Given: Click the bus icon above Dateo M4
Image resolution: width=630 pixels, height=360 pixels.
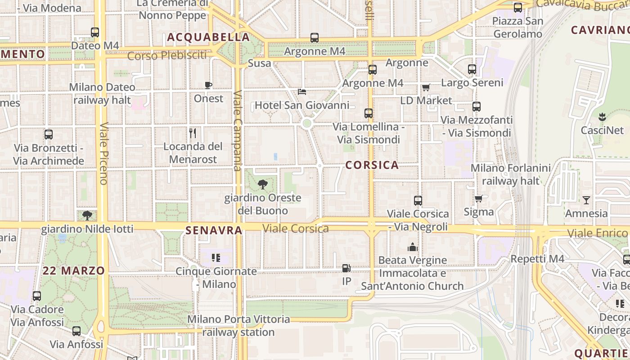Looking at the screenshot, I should click(94, 32).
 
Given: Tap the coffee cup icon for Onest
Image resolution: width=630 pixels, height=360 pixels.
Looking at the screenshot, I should click(208, 85).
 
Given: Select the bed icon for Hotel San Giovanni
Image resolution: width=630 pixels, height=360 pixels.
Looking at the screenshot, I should click(302, 92).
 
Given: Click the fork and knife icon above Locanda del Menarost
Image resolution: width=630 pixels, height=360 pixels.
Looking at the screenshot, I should click(193, 133).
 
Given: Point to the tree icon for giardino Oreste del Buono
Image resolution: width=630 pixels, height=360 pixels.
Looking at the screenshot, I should click(262, 184).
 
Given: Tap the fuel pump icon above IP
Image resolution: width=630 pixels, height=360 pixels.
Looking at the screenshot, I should click(346, 268).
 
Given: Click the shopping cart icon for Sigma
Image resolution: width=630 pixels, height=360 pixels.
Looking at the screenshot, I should click(478, 198).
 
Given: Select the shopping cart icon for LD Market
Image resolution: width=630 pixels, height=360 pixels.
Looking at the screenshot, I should click(426, 87).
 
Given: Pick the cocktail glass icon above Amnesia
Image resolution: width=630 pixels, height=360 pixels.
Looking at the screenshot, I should click(586, 200).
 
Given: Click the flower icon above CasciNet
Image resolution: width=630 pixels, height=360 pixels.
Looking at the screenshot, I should click(602, 117).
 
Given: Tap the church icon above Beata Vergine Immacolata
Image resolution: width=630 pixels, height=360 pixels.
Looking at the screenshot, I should click(412, 247).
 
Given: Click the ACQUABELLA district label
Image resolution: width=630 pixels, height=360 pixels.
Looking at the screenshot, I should click(208, 37).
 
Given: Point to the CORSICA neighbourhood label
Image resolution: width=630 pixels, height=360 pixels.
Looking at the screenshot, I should click(372, 165).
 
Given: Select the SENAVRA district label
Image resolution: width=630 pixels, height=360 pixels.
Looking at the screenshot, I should click(214, 230).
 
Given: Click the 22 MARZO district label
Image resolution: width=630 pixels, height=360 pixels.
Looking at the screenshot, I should click(74, 271).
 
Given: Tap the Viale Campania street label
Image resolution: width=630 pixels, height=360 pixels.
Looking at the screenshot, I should click(238, 131).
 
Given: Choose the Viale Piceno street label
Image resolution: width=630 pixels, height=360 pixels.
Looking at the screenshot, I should click(103, 153).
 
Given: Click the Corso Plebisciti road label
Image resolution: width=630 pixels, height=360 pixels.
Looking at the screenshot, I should click(167, 56).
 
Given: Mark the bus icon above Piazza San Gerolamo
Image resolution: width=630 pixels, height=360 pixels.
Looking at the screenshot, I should click(517, 8).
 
